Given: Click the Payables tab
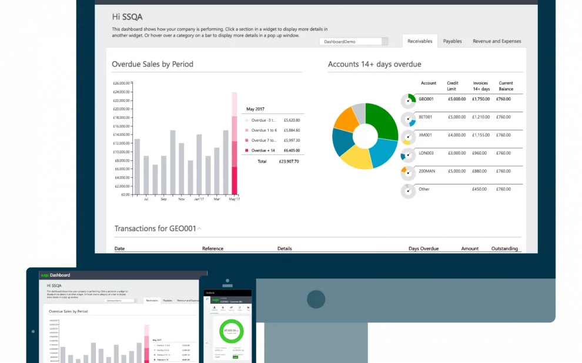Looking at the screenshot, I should click(x=452, y=41).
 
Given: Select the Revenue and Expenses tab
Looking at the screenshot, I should click(x=497, y=41).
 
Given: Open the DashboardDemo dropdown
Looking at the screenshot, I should click(x=354, y=42).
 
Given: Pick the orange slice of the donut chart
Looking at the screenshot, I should click(x=345, y=119).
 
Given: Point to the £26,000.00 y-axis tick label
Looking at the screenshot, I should click(x=121, y=83).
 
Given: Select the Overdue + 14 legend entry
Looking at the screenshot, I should click(x=263, y=150).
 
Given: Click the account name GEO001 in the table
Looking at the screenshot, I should click(x=426, y=99).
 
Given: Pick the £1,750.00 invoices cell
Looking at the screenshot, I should click(x=480, y=99).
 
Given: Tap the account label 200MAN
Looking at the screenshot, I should click(x=427, y=171).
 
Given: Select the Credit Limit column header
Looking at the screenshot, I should click(x=453, y=86).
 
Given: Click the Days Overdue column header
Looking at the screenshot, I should click(x=423, y=248).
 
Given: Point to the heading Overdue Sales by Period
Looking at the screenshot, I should click(x=152, y=64).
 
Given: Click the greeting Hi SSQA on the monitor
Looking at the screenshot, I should click(x=127, y=17).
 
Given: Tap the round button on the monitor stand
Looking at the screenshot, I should click(x=316, y=299).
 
